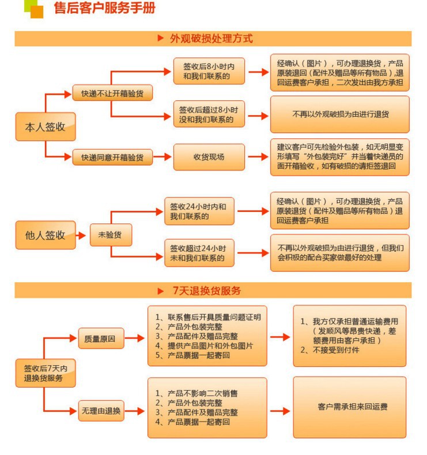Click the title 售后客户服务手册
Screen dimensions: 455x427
click(104, 9)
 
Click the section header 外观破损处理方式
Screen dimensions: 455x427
click(211, 39)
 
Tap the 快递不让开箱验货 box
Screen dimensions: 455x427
click(112, 93)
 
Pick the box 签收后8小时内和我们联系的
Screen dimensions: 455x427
click(209, 71)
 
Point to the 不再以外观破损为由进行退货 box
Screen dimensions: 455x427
click(340, 114)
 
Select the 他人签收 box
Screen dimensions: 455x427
click(46, 235)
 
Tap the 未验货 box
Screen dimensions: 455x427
click(111, 234)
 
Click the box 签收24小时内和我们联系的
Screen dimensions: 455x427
click(199, 211)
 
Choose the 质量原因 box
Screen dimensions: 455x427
click(101, 339)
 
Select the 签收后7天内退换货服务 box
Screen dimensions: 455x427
click(46, 373)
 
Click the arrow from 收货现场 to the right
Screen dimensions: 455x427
click(258, 157)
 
